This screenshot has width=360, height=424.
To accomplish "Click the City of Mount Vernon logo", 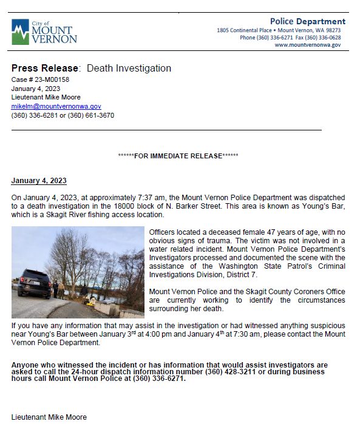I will click(44, 32).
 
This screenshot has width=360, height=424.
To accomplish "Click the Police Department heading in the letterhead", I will click(308, 22).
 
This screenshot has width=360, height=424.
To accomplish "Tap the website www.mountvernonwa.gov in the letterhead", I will click(308, 45).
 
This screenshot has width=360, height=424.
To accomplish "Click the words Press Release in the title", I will click(44, 69).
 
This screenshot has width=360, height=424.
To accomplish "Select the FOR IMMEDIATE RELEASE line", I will click(178, 156).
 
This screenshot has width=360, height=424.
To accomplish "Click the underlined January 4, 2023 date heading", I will click(39, 181).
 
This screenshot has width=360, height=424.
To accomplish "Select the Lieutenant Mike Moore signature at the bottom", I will click(49, 417).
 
